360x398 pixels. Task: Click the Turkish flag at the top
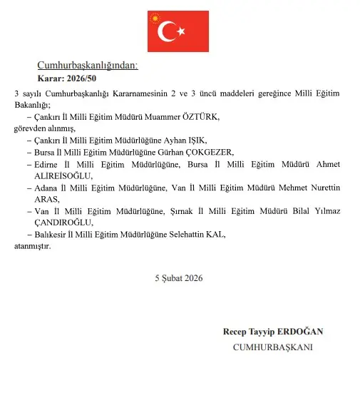pyautogui.click(x=178, y=31)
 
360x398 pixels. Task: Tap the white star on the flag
pyautogui.click(x=181, y=31)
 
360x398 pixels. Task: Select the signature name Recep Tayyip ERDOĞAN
pyautogui.click(x=273, y=332)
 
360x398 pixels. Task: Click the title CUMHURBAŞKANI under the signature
pyautogui.click(x=273, y=347)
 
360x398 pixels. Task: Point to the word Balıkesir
pyautogui.click(x=51, y=235)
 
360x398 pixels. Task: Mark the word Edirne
pyautogui.click(x=46, y=164)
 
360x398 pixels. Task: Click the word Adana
pyautogui.click(x=46, y=188)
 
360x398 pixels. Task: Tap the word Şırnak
pyautogui.click(x=184, y=212)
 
